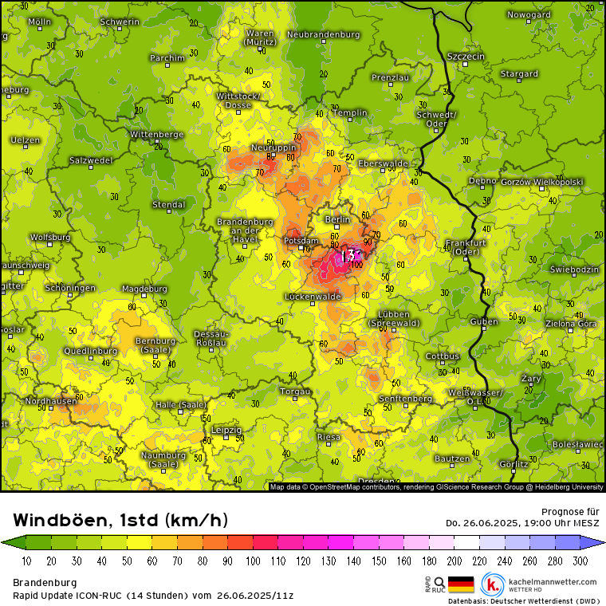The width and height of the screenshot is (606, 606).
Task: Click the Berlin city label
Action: tap(338, 219)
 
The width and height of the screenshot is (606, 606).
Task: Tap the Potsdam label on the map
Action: tap(301, 241)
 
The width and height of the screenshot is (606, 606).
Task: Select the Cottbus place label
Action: tap(443, 356)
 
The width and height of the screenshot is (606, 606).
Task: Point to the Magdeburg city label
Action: tap(144, 289)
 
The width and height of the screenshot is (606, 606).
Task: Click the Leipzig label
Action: tap(226, 429)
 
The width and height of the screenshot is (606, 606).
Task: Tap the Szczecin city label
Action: tap(466, 57)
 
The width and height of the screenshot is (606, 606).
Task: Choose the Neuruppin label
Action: tap(273, 148)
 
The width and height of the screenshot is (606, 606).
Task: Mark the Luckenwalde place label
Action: tap(313, 297)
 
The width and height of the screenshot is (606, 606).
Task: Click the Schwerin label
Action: tap(120, 22)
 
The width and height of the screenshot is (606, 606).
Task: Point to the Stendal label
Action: tap(168, 205)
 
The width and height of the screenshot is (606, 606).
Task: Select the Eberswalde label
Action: tap(384, 163)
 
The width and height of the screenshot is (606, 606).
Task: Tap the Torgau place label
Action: tap(295, 392)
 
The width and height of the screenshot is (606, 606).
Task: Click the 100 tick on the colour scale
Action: tap(254, 561)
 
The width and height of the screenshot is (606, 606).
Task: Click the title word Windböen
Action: tap(62, 521)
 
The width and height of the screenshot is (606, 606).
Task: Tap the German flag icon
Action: tap(461, 585)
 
